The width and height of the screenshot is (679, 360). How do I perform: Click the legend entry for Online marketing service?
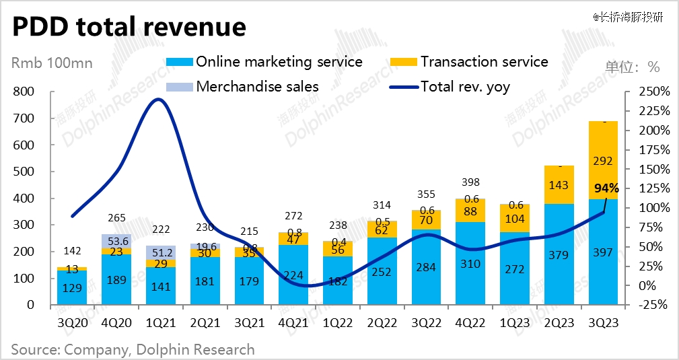coord(279,62)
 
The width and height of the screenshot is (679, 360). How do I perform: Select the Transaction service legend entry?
coord(485,62)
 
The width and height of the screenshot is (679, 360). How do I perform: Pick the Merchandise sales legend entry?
coord(257,86)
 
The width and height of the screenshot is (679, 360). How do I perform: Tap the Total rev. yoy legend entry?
coord(465,86)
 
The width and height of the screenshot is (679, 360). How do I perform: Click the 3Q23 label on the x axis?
coord(603,323)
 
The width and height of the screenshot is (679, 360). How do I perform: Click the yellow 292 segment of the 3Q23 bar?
coord(603,160)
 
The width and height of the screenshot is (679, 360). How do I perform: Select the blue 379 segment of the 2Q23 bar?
coord(559,254)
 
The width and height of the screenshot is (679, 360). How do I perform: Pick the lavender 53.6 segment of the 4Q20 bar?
coord(116,241)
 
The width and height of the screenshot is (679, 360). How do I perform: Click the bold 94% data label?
coord(607,188)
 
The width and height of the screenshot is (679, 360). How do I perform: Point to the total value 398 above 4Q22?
coord(472,182)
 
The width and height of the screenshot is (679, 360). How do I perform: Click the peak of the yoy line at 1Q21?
coord(158,100)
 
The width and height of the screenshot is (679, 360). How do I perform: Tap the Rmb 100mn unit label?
coord(52,65)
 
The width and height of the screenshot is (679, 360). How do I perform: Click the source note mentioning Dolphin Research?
coord(133,349)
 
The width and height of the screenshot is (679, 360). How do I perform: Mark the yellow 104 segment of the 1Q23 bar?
coord(515,218)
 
